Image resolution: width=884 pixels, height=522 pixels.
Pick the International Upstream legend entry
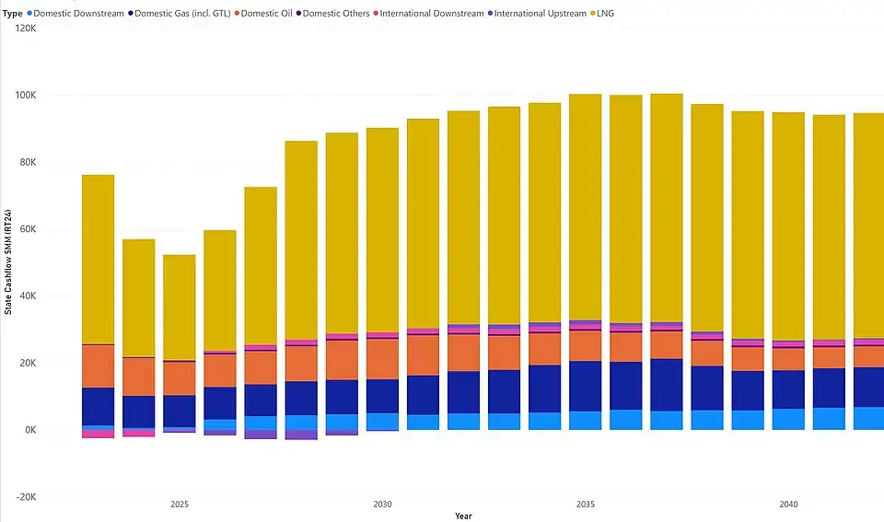coord(539,14)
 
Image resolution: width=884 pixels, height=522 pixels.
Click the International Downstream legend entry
coord(431,14)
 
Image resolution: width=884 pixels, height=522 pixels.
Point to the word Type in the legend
coord(13,14)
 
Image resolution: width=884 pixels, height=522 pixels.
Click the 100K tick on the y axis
coord(23,96)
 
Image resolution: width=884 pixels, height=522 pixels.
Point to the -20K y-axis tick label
coord(23,497)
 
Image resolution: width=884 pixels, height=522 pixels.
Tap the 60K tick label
coord(25,229)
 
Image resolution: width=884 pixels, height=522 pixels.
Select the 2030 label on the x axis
coord(382,505)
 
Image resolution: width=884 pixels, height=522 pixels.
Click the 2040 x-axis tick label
coord(788,505)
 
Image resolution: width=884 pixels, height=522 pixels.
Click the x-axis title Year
coord(463,516)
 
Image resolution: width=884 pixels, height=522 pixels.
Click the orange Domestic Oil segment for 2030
coord(382,358)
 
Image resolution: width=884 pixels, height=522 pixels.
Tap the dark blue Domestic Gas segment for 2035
coord(585,386)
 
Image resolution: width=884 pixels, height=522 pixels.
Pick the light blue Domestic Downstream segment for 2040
coord(788,419)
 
